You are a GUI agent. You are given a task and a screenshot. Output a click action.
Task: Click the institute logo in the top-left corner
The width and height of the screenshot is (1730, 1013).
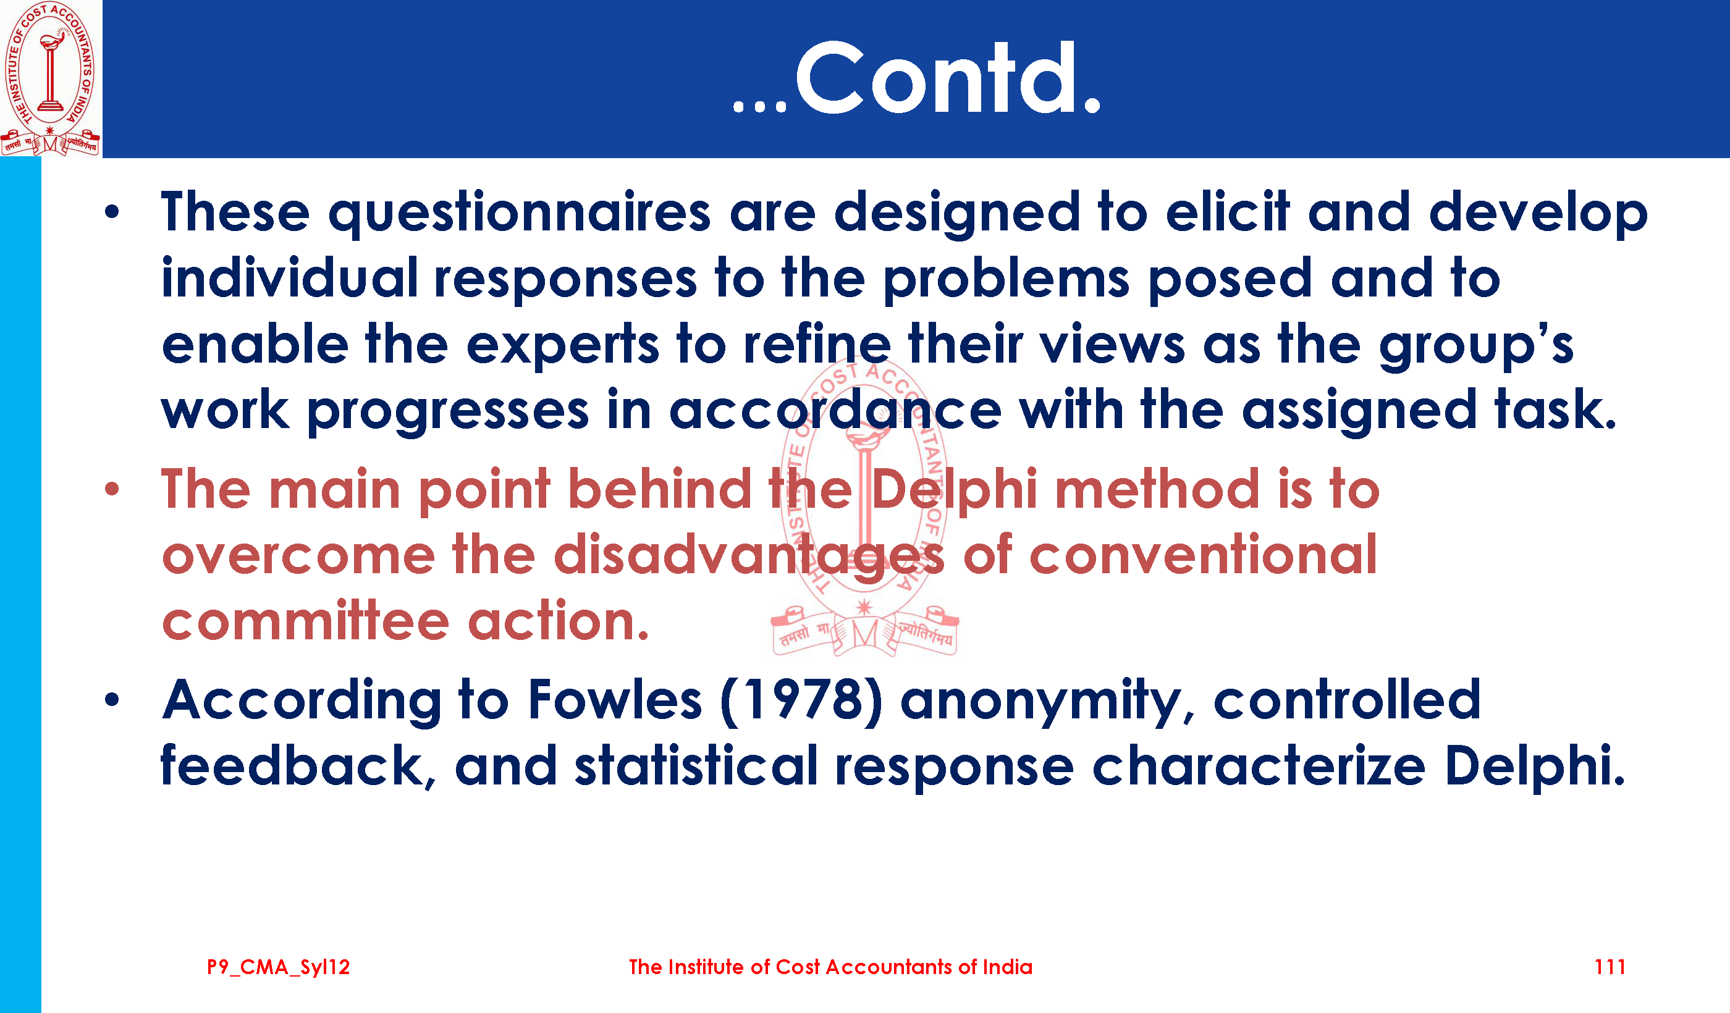(x=50, y=78)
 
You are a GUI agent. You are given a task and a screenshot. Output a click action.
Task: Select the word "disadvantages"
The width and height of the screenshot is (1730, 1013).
(x=749, y=555)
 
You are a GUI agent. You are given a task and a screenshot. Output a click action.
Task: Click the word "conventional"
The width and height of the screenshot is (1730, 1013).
(x=1204, y=554)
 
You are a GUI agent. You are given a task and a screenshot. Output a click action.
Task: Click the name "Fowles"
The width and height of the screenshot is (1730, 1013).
(x=615, y=699)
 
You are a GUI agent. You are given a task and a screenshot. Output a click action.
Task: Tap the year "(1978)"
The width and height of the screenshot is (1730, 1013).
(x=802, y=700)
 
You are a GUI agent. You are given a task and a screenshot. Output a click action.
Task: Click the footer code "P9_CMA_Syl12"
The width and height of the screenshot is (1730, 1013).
(x=279, y=968)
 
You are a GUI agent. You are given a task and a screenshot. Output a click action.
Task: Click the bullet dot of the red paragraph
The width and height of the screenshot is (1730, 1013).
(x=112, y=489)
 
